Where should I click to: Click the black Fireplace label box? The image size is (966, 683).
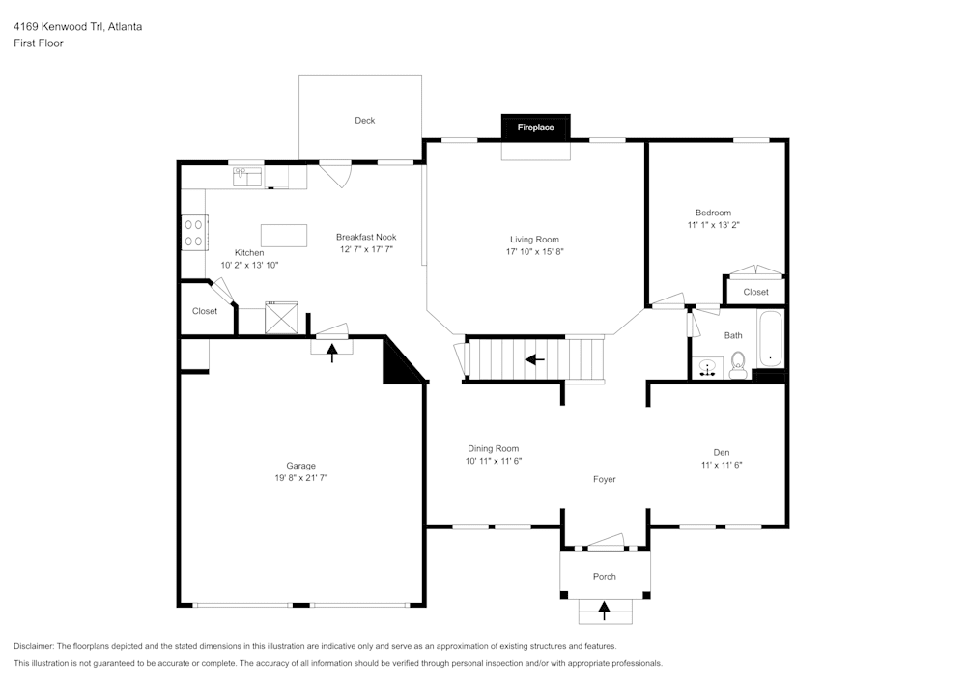(x=535, y=128)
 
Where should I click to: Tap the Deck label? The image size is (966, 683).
(x=364, y=121)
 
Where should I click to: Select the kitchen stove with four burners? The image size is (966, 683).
(x=194, y=232)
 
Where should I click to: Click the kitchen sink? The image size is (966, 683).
(x=246, y=177)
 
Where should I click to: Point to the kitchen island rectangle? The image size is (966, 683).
(x=284, y=236)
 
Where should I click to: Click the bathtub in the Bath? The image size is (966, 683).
(x=771, y=339)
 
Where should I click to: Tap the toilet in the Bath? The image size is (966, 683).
(x=739, y=364)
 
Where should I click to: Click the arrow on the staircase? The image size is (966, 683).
(x=534, y=359)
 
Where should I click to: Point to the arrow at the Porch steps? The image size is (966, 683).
(x=605, y=610)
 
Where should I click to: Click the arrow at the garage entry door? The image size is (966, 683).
(x=332, y=352)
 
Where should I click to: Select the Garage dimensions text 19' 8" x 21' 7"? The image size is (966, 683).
(x=300, y=477)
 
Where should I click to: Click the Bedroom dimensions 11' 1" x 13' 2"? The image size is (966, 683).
(x=713, y=225)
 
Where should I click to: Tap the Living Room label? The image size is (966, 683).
(x=534, y=240)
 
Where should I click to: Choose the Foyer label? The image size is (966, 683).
(x=604, y=479)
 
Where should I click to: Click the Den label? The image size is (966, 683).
(x=721, y=452)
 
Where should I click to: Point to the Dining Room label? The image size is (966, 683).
(x=494, y=448)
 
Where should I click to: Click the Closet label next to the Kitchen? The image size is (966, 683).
(x=205, y=311)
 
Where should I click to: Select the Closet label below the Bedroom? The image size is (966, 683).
(x=755, y=292)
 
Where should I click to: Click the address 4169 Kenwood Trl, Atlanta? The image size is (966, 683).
(x=77, y=27)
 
